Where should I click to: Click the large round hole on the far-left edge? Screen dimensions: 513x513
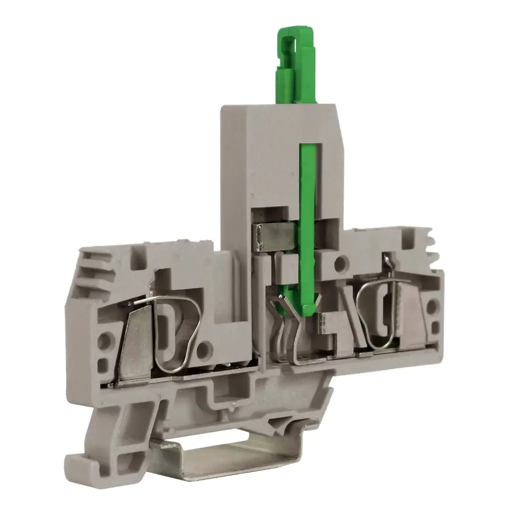(104, 342)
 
